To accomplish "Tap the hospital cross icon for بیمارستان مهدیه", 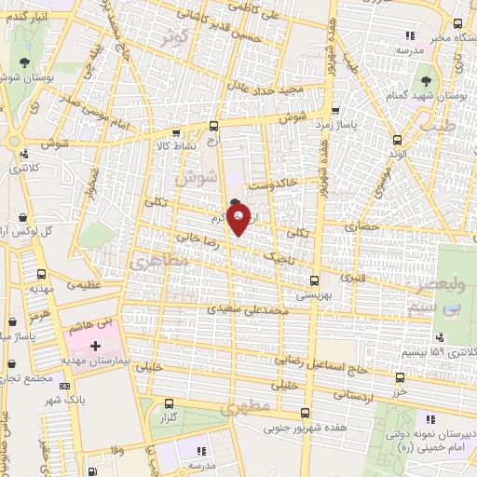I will [x=94, y=346].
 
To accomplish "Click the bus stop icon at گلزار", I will [x=169, y=404].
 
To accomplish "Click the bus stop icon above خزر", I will [x=400, y=377].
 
